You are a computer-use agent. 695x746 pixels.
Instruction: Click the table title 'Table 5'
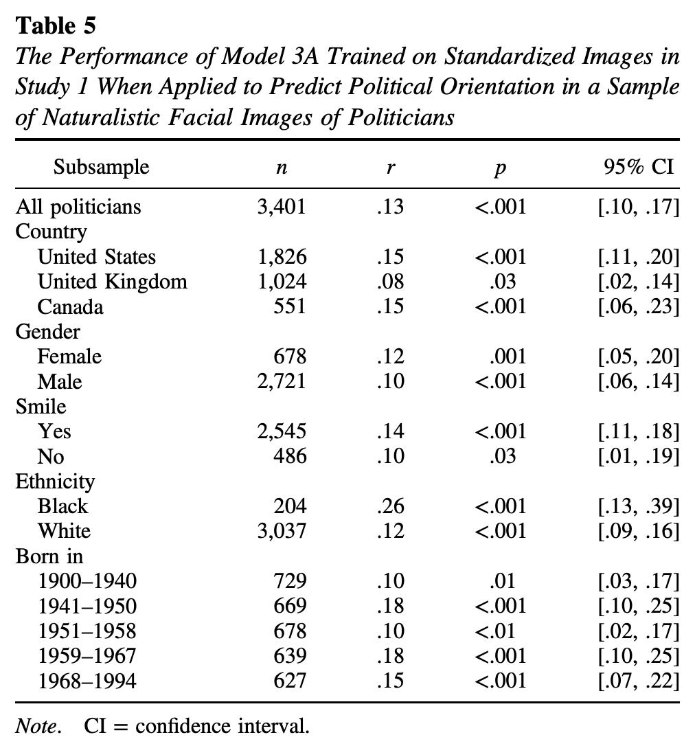point(56,25)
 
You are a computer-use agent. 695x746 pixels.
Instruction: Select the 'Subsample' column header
point(101,167)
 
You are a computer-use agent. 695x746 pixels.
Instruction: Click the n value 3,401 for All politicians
point(281,207)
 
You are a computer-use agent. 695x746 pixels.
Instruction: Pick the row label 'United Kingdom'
point(112,282)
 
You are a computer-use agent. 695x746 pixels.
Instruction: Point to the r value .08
point(389,282)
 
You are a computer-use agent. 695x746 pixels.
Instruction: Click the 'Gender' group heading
point(47,332)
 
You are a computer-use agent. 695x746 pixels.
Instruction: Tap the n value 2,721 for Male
point(282,381)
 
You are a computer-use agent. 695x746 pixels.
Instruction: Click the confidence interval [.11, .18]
point(639,431)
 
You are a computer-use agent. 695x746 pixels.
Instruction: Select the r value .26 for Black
point(389,506)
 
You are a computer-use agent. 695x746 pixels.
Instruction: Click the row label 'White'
point(64,531)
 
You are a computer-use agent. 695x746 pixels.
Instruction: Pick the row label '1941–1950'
point(87,606)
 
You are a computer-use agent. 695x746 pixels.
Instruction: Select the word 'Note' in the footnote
point(36,726)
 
